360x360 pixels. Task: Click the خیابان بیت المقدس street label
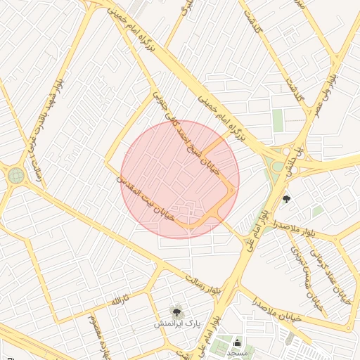pos(145,197)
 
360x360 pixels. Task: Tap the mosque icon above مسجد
pos(237,342)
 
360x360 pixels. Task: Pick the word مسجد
pos(237,354)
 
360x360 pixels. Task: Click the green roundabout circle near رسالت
pos(16,175)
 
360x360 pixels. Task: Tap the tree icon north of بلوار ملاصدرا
pos(286,199)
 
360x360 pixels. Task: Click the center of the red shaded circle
pos(180,179)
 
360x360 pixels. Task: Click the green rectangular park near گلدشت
pos(278,120)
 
